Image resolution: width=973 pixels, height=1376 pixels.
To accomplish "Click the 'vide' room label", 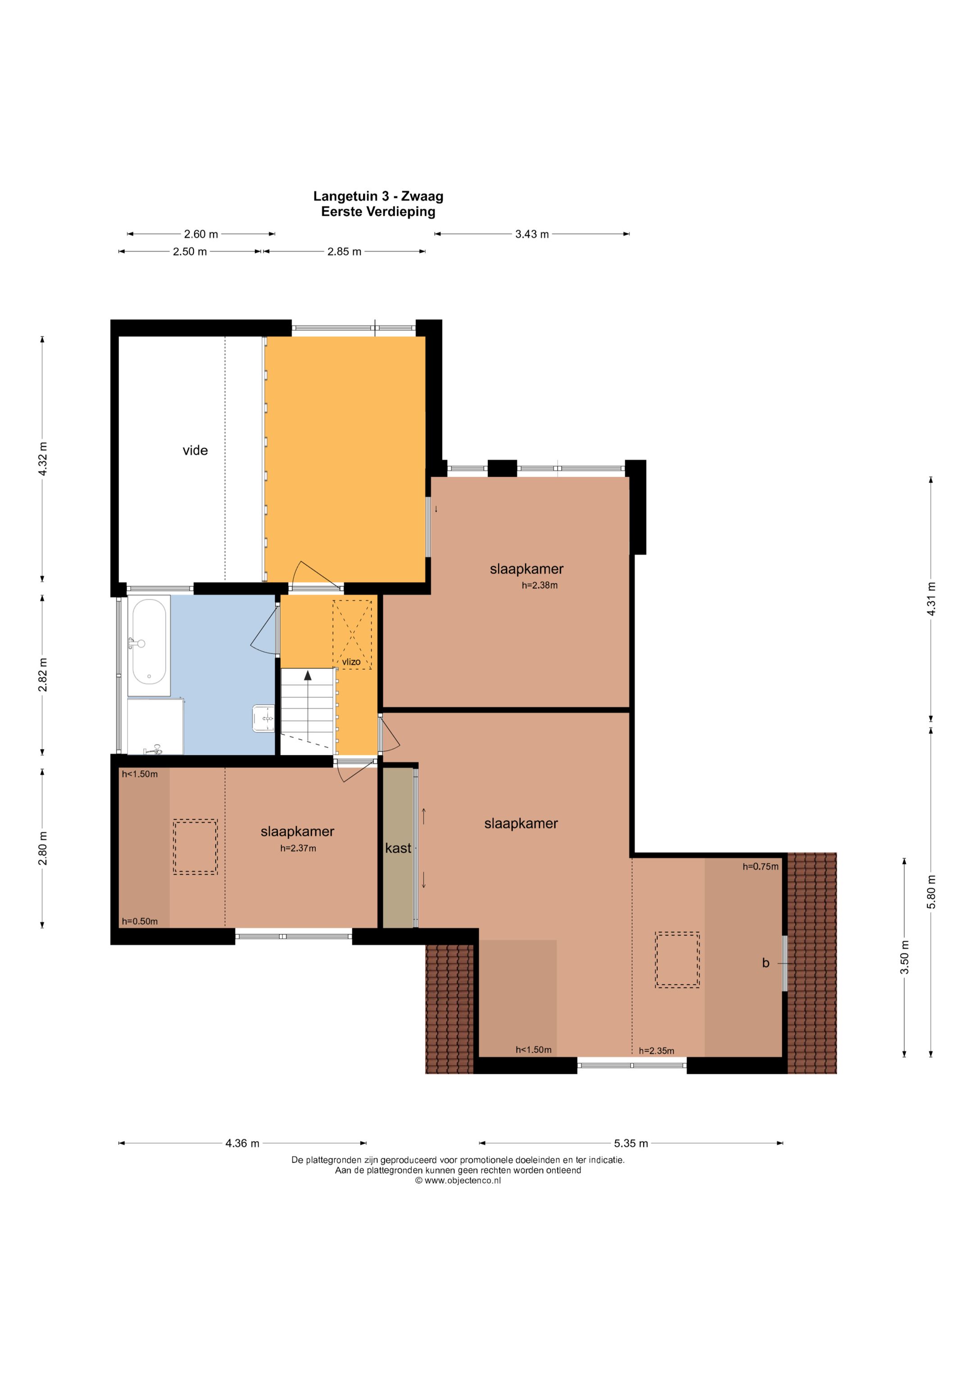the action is [196, 451].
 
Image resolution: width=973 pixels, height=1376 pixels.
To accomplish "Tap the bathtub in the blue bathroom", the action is [149, 642].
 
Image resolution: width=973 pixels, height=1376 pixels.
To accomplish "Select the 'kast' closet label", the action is [398, 848].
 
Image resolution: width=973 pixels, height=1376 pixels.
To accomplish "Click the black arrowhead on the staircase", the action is [308, 676].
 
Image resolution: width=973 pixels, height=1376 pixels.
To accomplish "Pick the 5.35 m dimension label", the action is [631, 1143].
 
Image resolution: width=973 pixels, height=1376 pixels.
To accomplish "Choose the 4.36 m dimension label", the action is [242, 1143].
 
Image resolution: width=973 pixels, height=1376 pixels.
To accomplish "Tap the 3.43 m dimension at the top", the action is [532, 234].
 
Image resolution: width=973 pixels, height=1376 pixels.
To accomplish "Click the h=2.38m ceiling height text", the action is [540, 585].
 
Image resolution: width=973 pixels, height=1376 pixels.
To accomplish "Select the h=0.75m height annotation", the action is [761, 867].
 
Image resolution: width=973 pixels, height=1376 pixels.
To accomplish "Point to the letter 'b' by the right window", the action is [766, 963].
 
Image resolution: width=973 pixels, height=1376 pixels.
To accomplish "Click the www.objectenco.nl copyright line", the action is [458, 1181].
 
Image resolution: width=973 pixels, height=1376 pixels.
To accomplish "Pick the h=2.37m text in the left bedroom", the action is [298, 849].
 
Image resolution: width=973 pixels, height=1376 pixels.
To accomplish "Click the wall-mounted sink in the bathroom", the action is [264, 718].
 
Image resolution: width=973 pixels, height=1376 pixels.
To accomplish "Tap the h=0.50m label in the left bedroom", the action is [140, 922].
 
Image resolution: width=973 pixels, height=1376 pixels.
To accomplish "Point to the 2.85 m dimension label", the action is [345, 251].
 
